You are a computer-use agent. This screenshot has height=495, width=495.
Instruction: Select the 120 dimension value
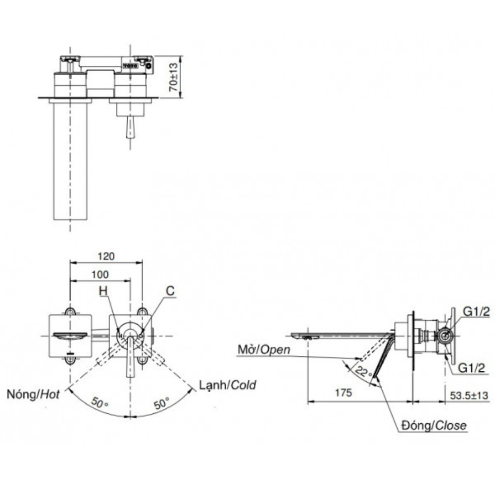pos(106,256)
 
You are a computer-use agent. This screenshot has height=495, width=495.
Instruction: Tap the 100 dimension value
pos(101,274)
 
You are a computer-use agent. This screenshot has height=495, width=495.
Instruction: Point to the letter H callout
pos(103,292)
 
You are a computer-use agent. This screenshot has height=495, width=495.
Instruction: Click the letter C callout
pos(170,292)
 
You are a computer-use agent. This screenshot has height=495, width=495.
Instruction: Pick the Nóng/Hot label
pos(34,395)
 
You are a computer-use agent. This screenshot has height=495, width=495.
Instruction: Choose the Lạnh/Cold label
pos(228,385)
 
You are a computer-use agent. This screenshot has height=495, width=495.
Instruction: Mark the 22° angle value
pos(364,372)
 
